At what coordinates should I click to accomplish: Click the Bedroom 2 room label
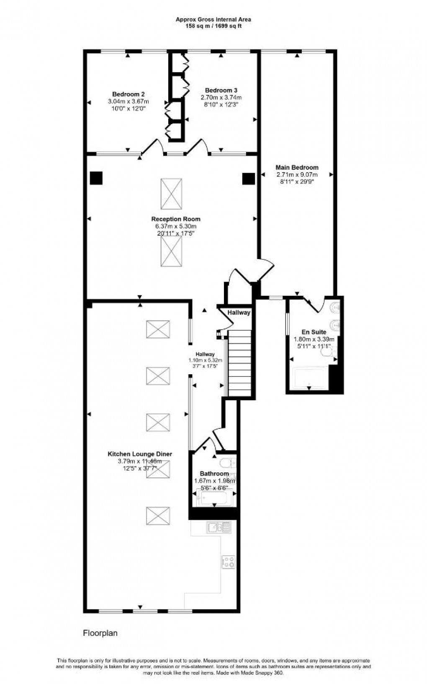tap(128, 94)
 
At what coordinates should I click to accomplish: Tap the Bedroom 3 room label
tap(221, 91)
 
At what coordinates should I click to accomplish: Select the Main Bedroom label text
tap(297, 168)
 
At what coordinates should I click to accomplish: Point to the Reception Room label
tap(175, 219)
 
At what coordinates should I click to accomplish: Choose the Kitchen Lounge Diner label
tap(140, 454)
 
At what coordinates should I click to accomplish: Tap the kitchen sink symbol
tap(219, 527)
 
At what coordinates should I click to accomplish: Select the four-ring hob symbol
tap(228, 562)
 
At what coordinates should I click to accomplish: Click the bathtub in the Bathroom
tap(213, 498)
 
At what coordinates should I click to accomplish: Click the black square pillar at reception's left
tap(96, 178)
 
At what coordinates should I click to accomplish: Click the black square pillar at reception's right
tap(249, 179)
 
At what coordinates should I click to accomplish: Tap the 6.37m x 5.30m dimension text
tap(175, 227)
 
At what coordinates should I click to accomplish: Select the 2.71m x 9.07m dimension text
tap(297, 175)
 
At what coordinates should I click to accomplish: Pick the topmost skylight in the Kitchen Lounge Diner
tap(158, 329)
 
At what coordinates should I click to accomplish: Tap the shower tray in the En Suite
tap(311, 377)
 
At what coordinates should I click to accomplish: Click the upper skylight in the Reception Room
tap(171, 194)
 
